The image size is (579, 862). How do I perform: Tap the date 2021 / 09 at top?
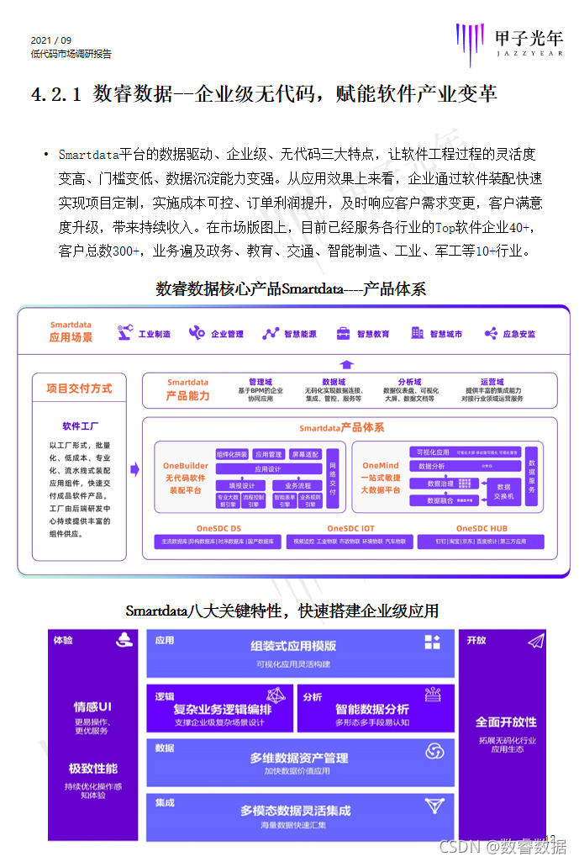click(x=50, y=40)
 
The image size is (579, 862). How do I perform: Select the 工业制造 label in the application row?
click(x=154, y=334)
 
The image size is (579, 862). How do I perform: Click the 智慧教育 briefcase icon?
click(x=343, y=334)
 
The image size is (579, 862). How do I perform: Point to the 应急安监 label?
click(x=518, y=334)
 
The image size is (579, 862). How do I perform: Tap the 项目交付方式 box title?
click(x=79, y=389)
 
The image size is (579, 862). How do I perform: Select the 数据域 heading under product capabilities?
click(x=333, y=382)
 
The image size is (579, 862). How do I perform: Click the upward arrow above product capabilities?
click(x=347, y=364)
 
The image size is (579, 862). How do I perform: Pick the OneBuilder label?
click(x=186, y=466)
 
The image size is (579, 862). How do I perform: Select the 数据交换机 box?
click(x=508, y=491)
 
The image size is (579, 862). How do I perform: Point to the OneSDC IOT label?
click(x=345, y=528)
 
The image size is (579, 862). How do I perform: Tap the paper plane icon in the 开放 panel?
click(x=535, y=642)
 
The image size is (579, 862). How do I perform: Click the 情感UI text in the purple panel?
click(x=92, y=707)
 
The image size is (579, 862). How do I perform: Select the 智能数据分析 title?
click(x=372, y=709)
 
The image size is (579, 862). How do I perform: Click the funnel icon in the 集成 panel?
click(x=434, y=806)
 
